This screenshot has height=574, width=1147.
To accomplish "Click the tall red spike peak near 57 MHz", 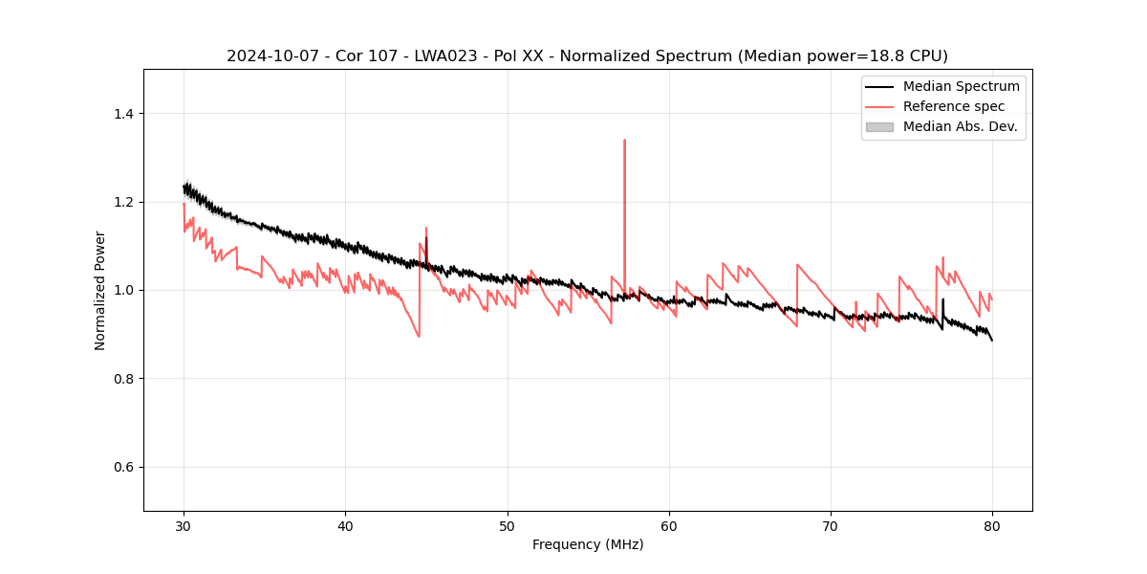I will tap(624, 140).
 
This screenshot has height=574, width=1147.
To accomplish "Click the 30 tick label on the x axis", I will tap(184, 526).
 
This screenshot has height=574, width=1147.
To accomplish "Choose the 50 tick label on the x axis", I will tap(508, 526).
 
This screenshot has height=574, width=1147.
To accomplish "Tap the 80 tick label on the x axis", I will tap(992, 526).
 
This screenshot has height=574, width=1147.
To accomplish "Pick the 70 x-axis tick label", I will tap(831, 526).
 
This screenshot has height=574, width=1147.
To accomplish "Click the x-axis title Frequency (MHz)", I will tap(588, 544).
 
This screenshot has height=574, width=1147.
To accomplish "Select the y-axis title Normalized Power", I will tap(100, 290).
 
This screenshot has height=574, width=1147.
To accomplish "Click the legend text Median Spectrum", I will tap(961, 86).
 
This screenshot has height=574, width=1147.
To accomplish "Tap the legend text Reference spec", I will tap(954, 106).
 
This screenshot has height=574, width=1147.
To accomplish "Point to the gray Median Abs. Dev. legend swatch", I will tap(879, 126).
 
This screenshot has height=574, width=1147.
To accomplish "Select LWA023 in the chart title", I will tap(430, 56).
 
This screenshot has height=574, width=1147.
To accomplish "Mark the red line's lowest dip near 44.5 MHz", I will tap(419, 336).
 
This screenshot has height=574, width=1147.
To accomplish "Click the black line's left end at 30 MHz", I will tap(184, 188).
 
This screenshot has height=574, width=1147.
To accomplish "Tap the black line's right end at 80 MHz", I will tap(992, 340).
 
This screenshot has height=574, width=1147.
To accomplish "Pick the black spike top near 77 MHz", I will tap(942, 299).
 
